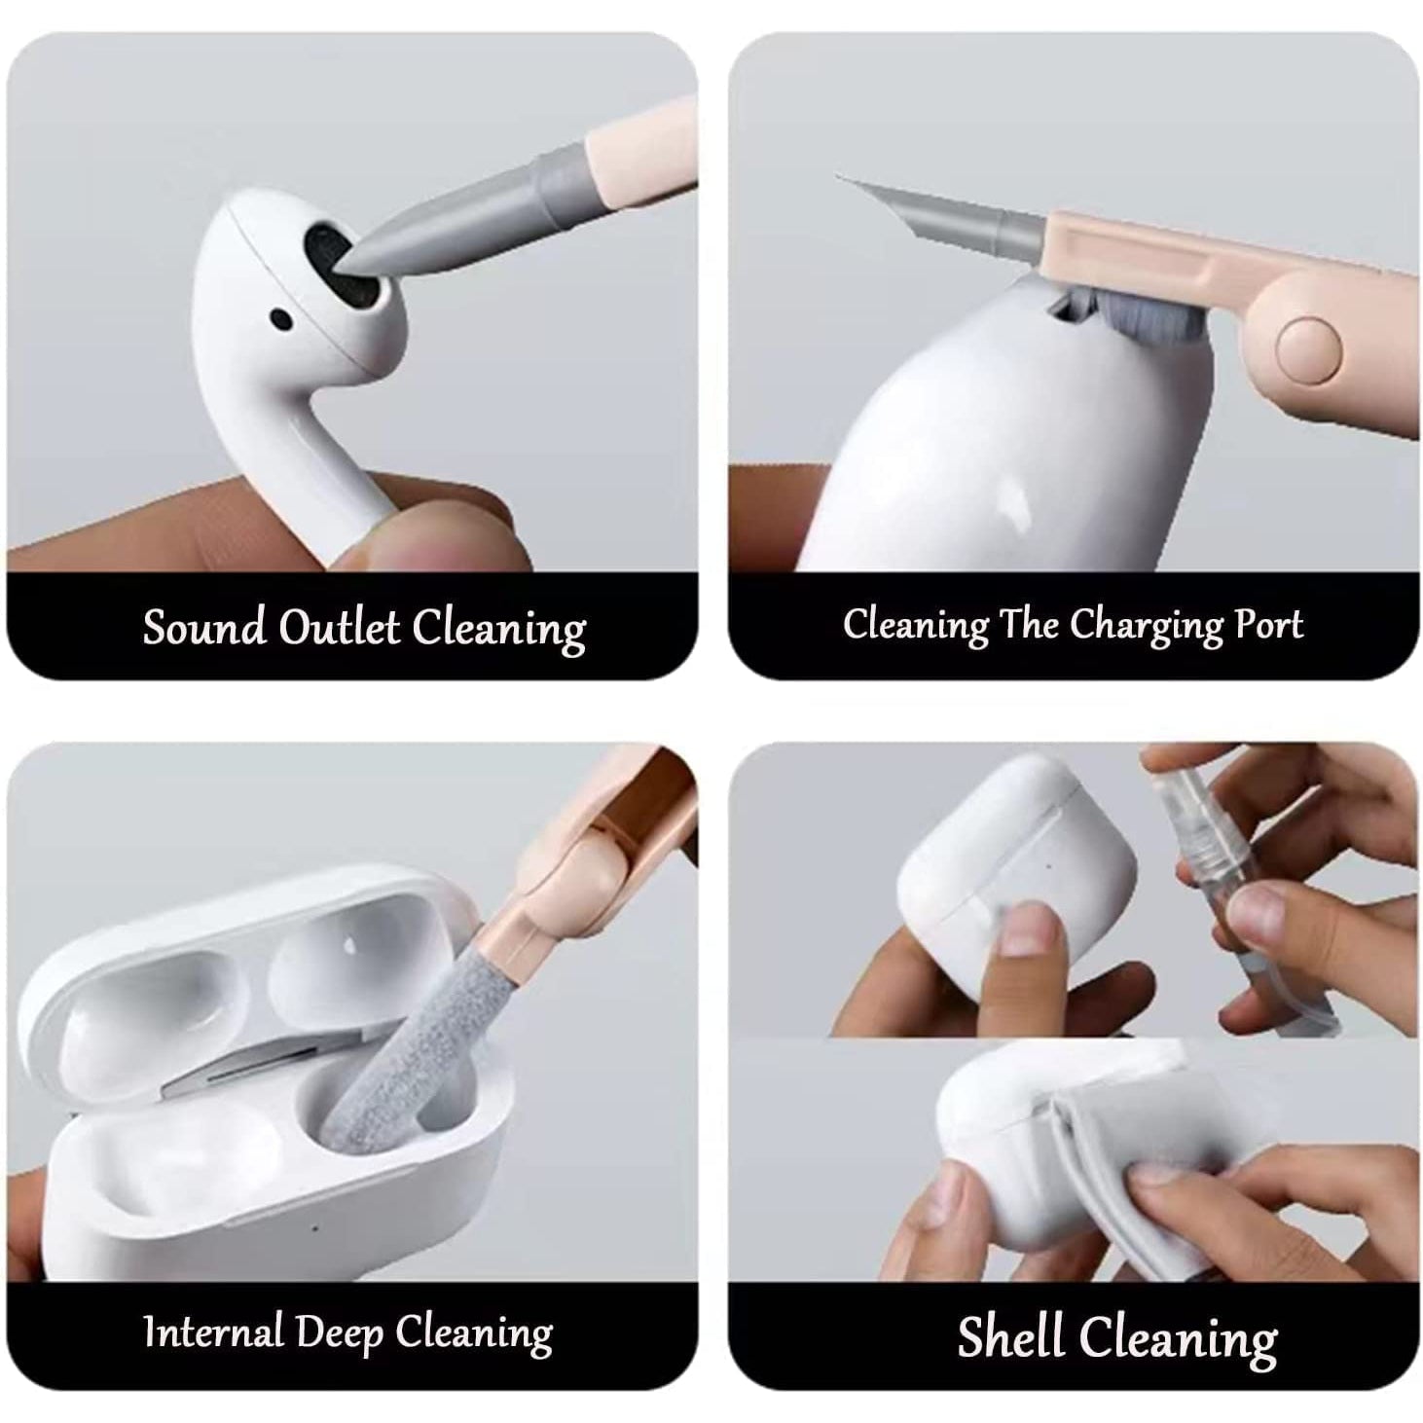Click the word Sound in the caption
point(203,627)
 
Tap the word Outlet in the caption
point(340,627)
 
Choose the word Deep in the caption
point(340,1333)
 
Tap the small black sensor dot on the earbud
point(280,320)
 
